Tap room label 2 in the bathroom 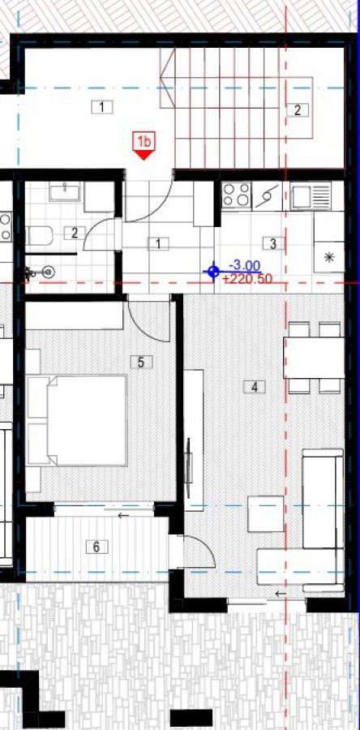click(x=75, y=233)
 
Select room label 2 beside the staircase click(x=298, y=109)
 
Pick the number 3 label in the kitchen click(x=273, y=243)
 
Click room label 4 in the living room click(x=255, y=387)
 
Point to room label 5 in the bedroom click(x=141, y=363)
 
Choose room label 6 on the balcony click(x=96, y=547)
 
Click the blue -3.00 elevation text click(x=245, y=266)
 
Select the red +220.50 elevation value click(x=247, y=279)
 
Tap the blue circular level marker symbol click(x=213, y=272)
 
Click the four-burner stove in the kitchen click(x=236, y=195)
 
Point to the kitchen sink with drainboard click(x=311, y=195)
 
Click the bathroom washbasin click(x=65, y=191)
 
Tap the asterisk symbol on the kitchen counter click(x=329, y=257)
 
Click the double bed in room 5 click(x=77, y=420)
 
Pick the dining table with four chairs click(x=314, y=358)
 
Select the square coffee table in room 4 click(x=266, y=514)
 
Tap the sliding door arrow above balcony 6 click(x=124, y=515)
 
